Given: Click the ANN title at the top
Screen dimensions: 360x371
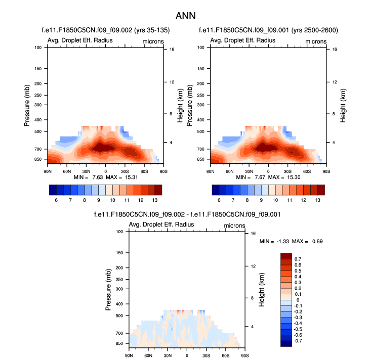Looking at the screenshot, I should coord(185,16).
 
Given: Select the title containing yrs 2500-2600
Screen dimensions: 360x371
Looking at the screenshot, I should coord(268,31).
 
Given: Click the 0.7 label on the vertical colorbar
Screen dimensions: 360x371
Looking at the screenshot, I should coord(298,259).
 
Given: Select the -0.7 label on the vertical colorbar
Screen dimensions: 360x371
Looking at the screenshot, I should coord(299,341).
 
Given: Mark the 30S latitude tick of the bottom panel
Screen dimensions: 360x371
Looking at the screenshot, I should coord(206,355).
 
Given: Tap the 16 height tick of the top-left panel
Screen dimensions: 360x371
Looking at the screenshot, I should coord(172,50).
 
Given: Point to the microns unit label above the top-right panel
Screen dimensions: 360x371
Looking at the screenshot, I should coord(316,41).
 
